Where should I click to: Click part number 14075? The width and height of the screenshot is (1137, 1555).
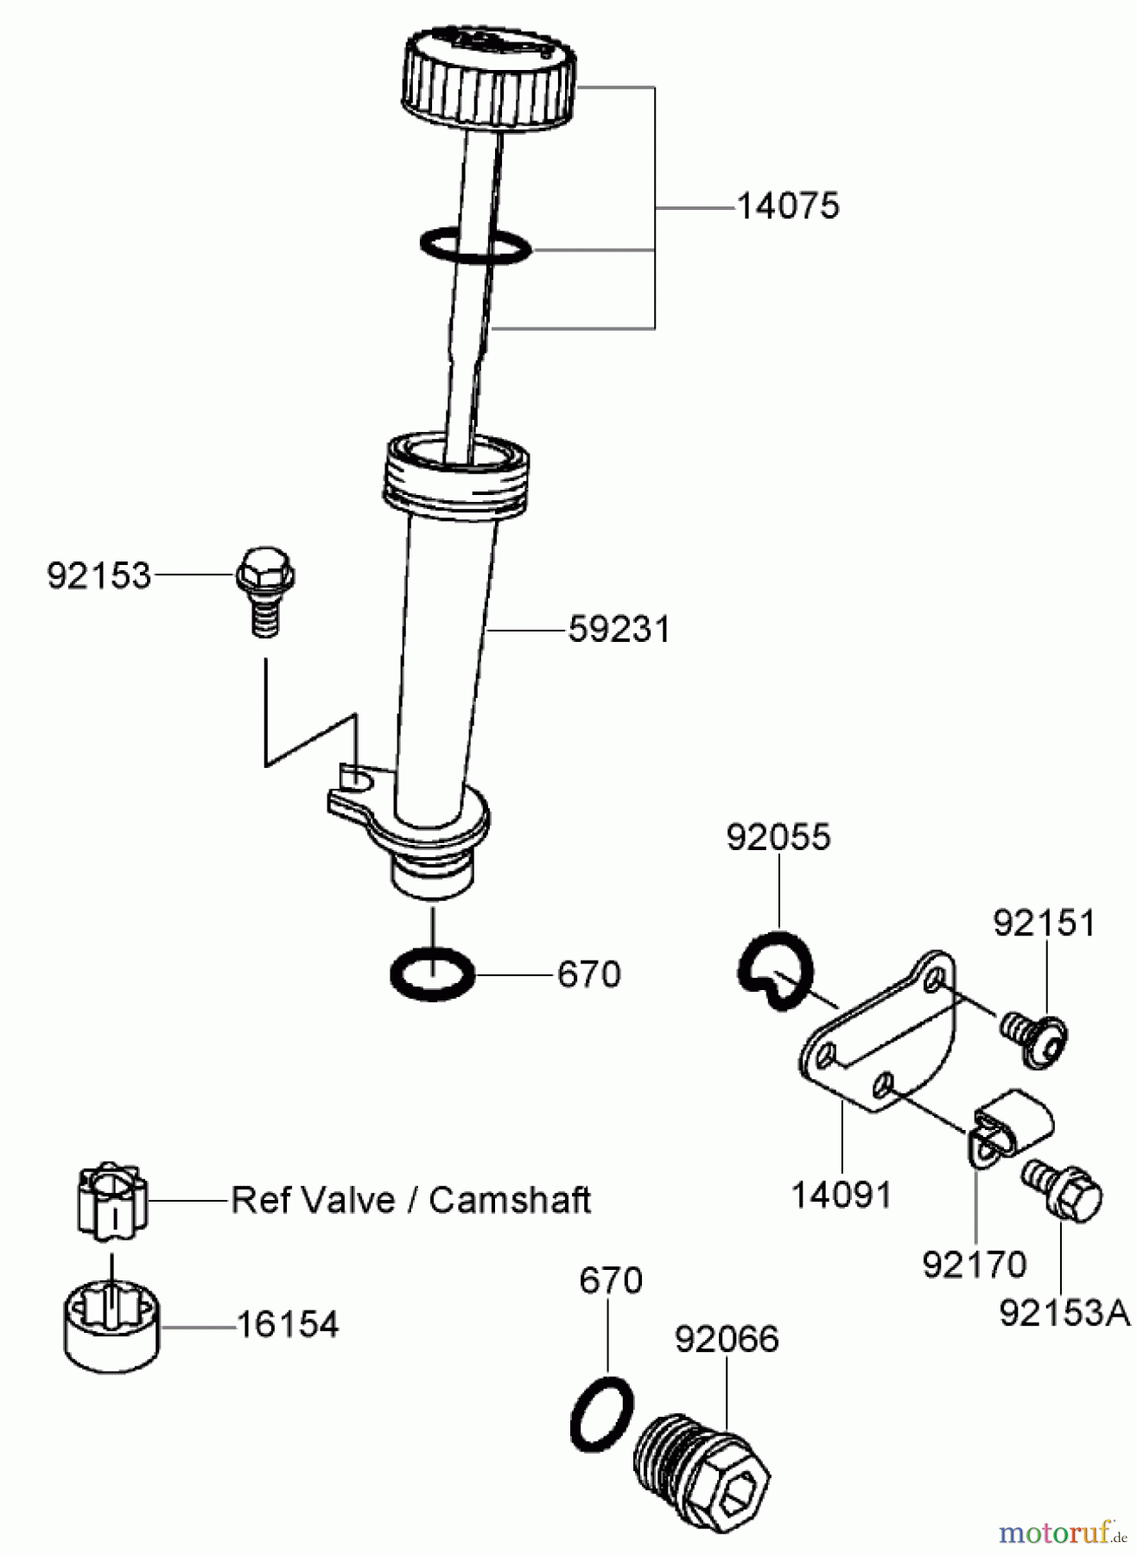coord(787,206)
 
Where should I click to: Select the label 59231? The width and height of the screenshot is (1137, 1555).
coord(619,630)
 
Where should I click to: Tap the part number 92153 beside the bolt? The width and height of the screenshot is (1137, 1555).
coord(98,575)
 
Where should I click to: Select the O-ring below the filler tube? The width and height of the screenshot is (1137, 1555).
coord(433,973)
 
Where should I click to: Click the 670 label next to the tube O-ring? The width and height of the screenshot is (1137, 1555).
coord(588,974)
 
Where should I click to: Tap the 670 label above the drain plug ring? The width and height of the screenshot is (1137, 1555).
coord(610,1280)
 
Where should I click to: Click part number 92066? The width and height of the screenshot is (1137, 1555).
coord(726,1339)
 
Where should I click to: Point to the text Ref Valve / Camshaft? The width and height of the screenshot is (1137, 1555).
coord(410,1200)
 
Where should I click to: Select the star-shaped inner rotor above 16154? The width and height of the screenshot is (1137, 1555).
coord(112,1200)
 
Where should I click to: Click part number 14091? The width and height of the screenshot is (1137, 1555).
coord(841,1196)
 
